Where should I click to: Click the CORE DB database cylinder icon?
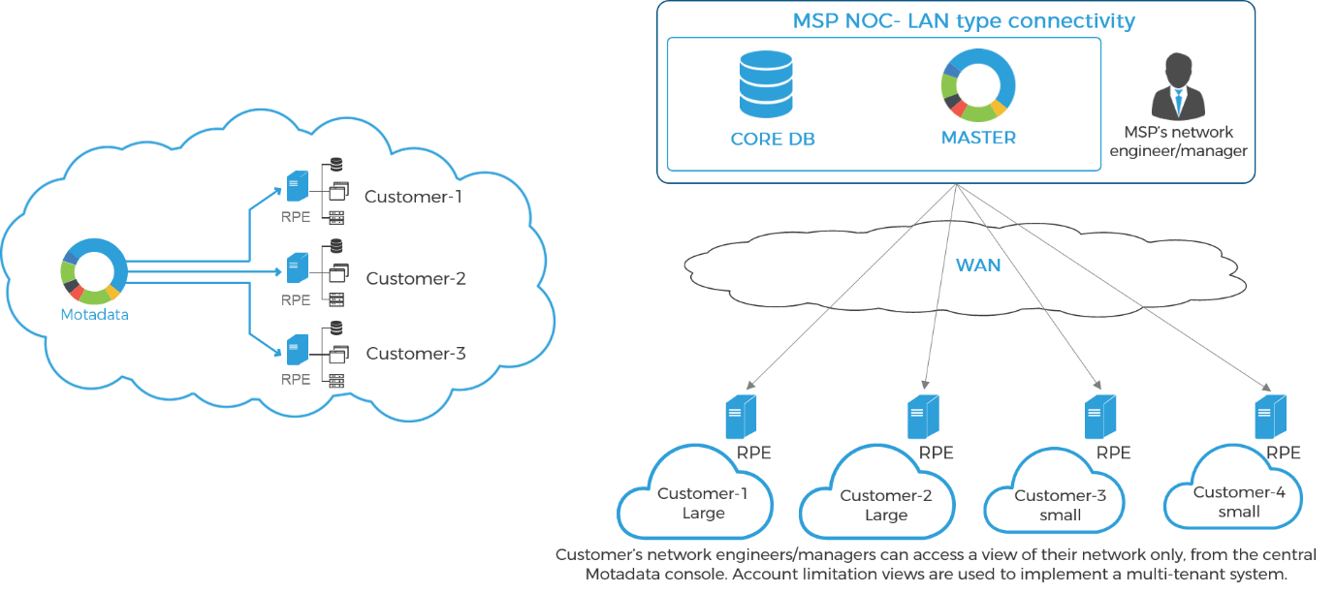click(766, 84)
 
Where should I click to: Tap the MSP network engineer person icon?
click(1177, 86)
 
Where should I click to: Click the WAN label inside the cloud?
click(978, 265)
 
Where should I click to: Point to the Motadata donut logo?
click(93, 272)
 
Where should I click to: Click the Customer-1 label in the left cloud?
click(414, 197)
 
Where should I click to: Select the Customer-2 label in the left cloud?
click(416, 279)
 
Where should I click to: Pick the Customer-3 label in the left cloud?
click(416, 354)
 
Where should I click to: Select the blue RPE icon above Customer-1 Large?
click(741, 417)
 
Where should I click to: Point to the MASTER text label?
click(978, 138)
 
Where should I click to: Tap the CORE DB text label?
click(773, 139)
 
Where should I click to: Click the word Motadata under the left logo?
click(94, 314)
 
